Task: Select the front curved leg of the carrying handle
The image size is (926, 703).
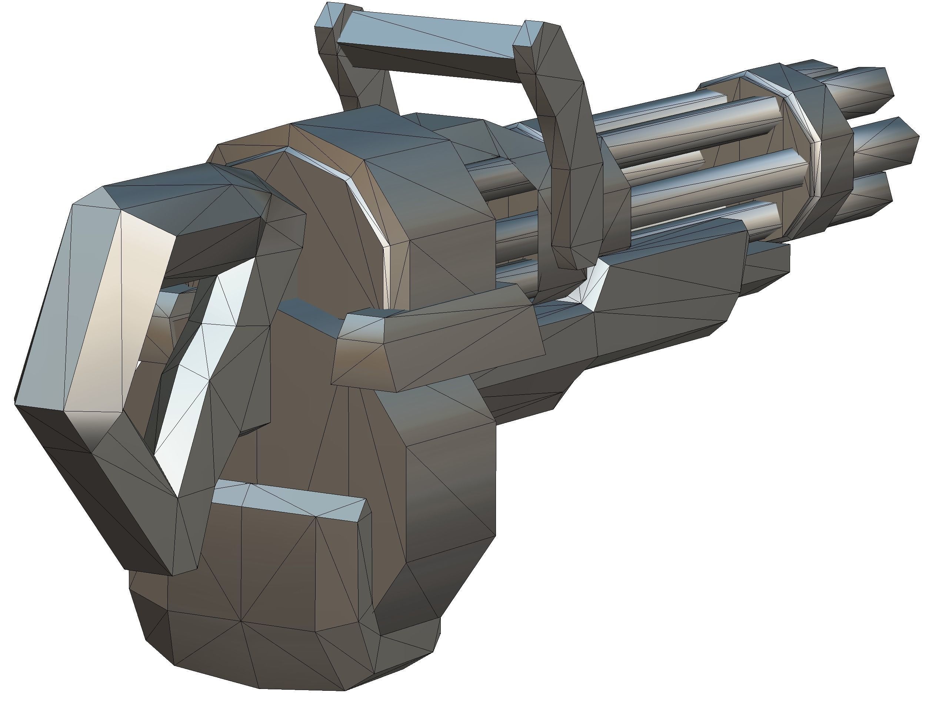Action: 574,167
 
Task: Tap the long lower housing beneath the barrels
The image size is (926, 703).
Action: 662,301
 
